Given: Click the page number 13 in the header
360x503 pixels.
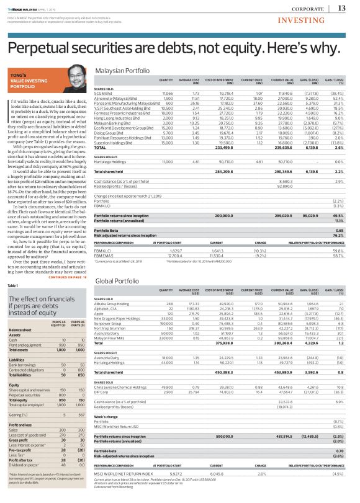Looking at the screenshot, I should click(x=341, y=7).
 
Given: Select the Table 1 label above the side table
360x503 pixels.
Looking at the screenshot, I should click(x=13, y=285).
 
